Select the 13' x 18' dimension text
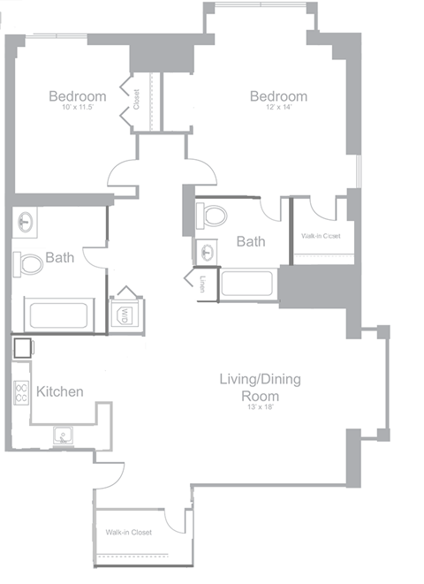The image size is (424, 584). pos(261,407)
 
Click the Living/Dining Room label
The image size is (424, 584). pos(261,387)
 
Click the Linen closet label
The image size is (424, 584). pos(203,284)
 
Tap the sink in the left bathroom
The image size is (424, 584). pos(26,222)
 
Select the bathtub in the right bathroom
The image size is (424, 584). pos(248,285)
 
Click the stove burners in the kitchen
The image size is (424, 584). pos(21,391)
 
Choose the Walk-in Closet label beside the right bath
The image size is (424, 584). pos(321,236)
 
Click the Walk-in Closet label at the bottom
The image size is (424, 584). pos(130,533)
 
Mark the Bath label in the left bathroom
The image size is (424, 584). pos(59,258)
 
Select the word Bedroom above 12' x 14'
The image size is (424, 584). pos(278,96)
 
